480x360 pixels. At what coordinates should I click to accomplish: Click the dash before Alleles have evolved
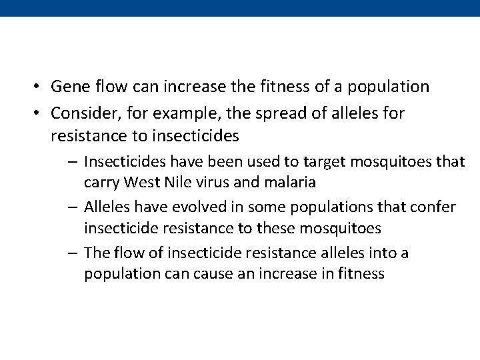point(74,207)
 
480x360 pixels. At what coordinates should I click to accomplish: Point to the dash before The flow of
point(74,253)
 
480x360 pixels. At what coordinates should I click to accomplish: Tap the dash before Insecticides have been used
point(74,161)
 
